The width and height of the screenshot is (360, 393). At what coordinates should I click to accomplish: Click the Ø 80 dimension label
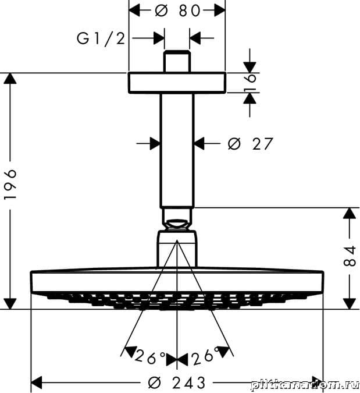177,10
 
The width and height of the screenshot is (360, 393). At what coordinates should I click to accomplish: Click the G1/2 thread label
101,38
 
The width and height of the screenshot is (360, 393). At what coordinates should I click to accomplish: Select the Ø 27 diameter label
250,143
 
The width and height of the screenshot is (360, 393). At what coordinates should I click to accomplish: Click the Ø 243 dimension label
177,383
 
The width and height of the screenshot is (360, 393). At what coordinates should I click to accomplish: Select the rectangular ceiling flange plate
176,83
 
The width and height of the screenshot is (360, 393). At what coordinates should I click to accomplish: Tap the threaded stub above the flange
177,62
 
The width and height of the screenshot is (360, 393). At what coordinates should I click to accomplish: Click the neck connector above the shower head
177,248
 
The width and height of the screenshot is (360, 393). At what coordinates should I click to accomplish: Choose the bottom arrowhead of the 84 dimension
349,303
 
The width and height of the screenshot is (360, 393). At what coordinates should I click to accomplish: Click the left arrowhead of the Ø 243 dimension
36,383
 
